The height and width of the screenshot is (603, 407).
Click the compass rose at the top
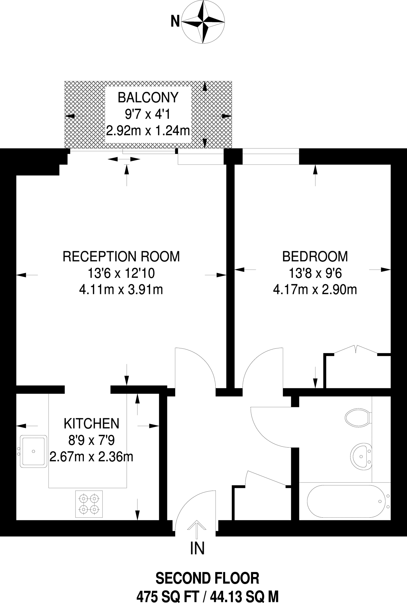[203, 21]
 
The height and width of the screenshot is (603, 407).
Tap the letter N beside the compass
[175, 21]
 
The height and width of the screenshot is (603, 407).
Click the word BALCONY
[148, 97]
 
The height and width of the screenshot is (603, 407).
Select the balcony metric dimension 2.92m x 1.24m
[148, 130]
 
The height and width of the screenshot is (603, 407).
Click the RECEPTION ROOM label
[121, 256]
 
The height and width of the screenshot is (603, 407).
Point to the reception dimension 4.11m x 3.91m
[121, 290]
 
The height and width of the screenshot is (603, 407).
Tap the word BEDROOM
[315, 256]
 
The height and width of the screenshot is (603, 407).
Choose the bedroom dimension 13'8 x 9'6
[315, 274]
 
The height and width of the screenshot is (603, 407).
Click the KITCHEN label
[92, 424]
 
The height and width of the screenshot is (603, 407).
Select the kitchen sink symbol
[33, 451]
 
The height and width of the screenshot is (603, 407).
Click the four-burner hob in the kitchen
[89, 504]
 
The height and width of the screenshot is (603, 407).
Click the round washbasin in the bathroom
[361, 456]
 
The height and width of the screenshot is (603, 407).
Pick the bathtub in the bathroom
[346, 501]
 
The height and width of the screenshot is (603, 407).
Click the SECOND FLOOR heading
[207, 578]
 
